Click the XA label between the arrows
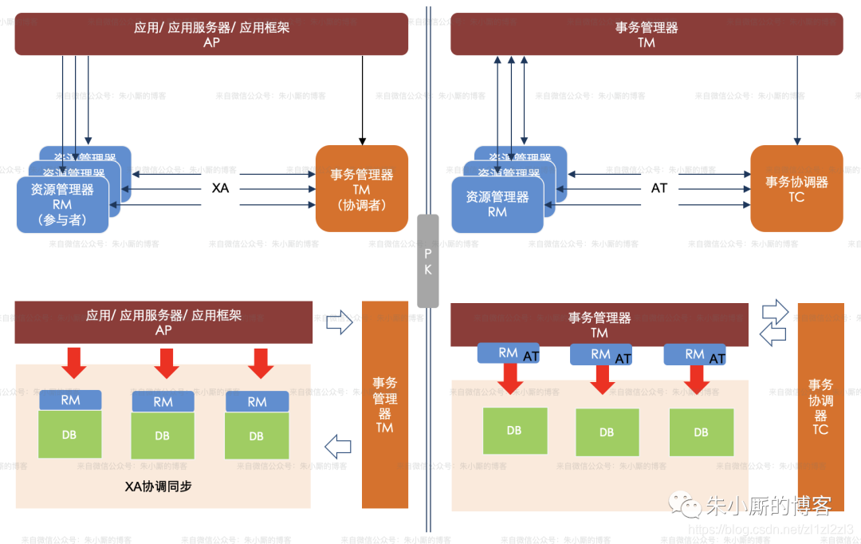pyautogui.click(x=220, y=189)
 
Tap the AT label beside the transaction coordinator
pyautogui.click(x=659, y=188)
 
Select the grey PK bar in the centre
pyautogui.click(x=427, y=261)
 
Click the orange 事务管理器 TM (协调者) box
pyautogui.click(x=362, y=189)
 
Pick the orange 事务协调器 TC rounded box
pyautogui.click(x=796, y=189)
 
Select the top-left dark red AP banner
pyautogui.click(x=211, y=34)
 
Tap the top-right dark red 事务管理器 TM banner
pyautogui.click(x=647, y=34)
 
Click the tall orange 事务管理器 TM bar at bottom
pyautogui.click(x=385, y=404)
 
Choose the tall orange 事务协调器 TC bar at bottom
pyautogui.click(x=820, y=407)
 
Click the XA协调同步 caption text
pyautogui.click(x=159, y=486)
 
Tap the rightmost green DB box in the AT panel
pyautogui.click(x=701, y=432)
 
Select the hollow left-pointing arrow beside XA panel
pyautogui.click(x=339, y=443)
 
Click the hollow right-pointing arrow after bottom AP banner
pyautogui.click(x=339, y=323)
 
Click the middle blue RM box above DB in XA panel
pyautogui.click(x=163, y=402)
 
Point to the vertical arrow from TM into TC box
pyautogui.click(x=797, y=100)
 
